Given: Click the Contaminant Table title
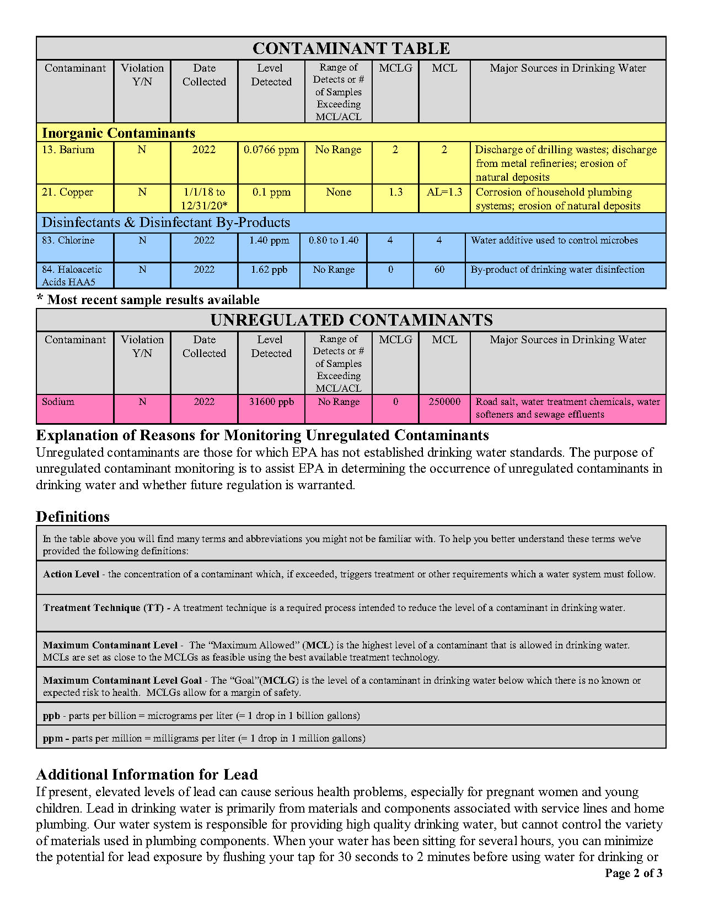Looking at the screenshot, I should pyautogui.click(x=351, y=48).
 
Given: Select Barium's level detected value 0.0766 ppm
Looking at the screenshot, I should pyautogui.click(x=271, y=150).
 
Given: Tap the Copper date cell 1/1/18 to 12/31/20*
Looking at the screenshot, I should pyautogui.click(x=204, y=199).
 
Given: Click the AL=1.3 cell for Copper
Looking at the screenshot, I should pyautogui.click(x=444, y=192).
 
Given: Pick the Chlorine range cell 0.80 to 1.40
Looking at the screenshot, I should pyautogui.click(x=334, y=240).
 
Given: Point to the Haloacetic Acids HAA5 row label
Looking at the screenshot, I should pyautogui.click(x=72, y=275).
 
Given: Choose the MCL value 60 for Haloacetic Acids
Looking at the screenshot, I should pyautogui.click(x=439, y=269).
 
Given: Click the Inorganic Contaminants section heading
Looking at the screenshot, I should pyautogui.click(x=119, y=133).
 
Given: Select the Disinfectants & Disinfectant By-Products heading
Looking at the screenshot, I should pyautogui.click(x=166, y=223).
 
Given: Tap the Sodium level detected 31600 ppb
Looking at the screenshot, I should pyautogui.click(x=271, y=402).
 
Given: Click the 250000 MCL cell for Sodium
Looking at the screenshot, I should pyautogui.click(x=444, y=402).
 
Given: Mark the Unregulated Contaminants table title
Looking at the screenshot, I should pyautogui.click(x=351, y=320).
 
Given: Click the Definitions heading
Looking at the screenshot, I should pyautogui.click(x=73, y=517).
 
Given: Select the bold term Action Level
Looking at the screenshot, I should pyautogui.click(x=71, y=574).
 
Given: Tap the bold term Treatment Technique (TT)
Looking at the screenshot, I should pyautogui.click(x=104, y=608).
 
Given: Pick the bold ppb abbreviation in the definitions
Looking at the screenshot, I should pyautogui.click(x=51, y=716).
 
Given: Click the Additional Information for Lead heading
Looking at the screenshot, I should pyautogui.click(x=147, y=775).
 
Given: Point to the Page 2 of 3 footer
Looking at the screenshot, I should pyautogui.click(x=634, y=873).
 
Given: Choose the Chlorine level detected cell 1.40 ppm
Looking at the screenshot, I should pyautogui.click(x=269, y=240).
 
